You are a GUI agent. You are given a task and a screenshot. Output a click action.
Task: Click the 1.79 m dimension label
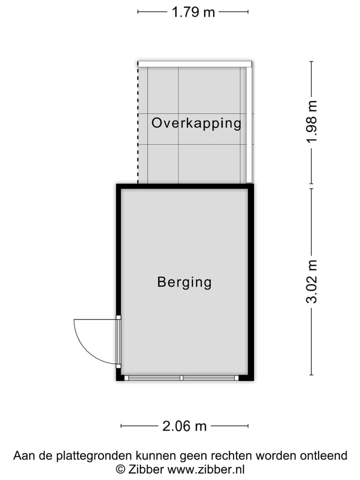pos(193,12)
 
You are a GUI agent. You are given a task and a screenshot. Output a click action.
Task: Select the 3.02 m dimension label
pos(312,281)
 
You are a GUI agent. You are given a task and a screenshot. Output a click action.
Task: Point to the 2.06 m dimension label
pos(184,426)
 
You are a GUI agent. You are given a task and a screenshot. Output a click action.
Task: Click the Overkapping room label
pos(196,123)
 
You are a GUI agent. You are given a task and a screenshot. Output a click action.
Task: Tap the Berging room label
pos(184,282)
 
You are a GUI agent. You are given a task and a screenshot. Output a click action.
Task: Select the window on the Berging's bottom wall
pos(181,378)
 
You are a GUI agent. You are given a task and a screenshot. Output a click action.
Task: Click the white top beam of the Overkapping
pos(195,63)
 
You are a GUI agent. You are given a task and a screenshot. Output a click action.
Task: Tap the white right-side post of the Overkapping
pos(249,125)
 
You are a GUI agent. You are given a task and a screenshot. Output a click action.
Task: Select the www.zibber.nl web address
pos(205,469)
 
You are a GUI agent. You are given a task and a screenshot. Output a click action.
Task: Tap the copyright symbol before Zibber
pos(120,469)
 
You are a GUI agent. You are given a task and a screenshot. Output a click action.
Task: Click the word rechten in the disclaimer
pos(233,455)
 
